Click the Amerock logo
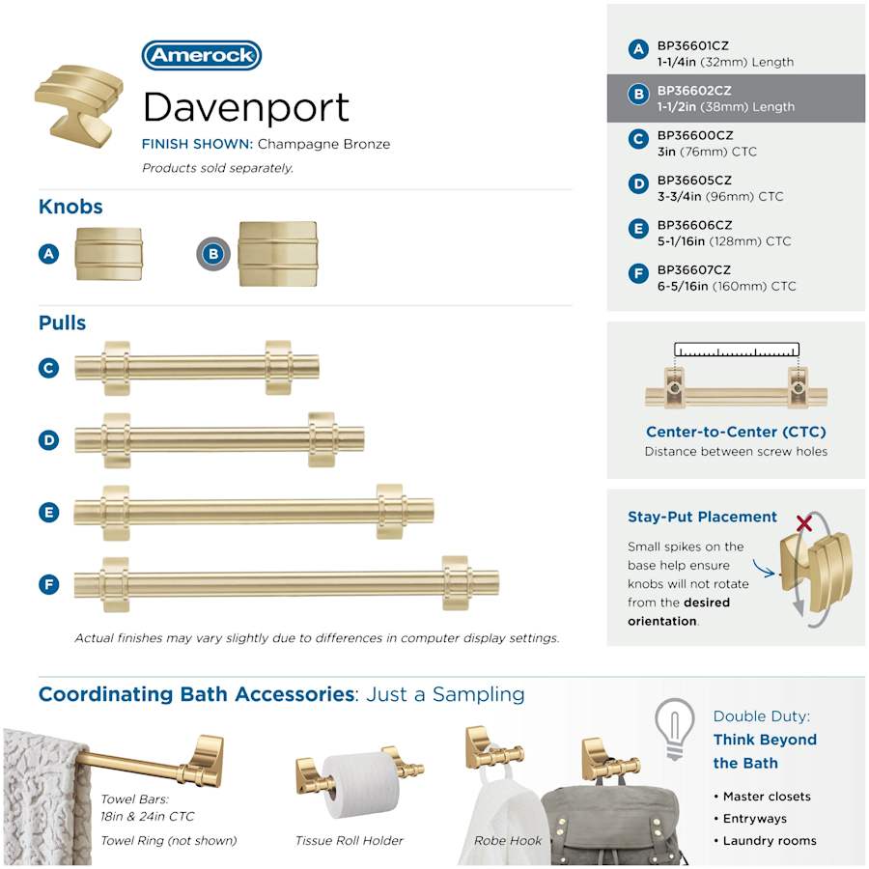202,55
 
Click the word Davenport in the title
246,108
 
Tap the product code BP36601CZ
692,46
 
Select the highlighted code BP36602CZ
694,91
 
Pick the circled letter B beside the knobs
213,254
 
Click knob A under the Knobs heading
108,254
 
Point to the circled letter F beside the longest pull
49,584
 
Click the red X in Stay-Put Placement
804,522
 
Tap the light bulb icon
674,729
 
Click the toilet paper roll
361,785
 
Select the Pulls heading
62,322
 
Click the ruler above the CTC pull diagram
737,350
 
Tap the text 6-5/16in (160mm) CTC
726,287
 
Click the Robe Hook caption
508,841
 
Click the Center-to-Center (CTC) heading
736,432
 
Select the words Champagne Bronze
323,144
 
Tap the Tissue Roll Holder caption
350,841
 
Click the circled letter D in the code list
638,183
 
